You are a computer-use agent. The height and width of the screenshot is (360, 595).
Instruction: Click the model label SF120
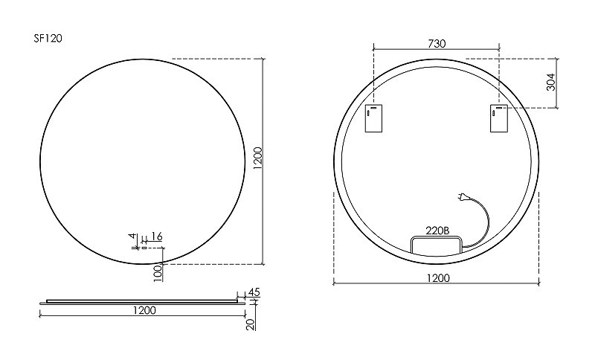pyautogui.click(x=48, y=39)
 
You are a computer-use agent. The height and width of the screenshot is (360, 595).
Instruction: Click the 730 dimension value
pyautogui.click(x=437, y=44)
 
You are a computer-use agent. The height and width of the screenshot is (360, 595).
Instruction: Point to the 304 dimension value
pyautogui.click(x=551, y=82)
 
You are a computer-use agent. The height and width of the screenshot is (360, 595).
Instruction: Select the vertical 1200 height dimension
pyautogui.click(x=258, y=159)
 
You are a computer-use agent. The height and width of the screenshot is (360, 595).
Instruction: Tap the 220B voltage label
pyautogui.click(x=437, y=231)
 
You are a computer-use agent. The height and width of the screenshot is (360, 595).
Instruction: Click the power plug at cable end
pyautogui.click(x=463, y=196)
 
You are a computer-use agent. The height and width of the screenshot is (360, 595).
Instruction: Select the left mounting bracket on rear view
pyautogui.click(x=373, y=118)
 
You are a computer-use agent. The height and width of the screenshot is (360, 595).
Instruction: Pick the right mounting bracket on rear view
pyautogui.click(x=498, y=118)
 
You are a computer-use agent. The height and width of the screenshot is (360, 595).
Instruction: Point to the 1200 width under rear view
pyautogui.click(x=438, y=278)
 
